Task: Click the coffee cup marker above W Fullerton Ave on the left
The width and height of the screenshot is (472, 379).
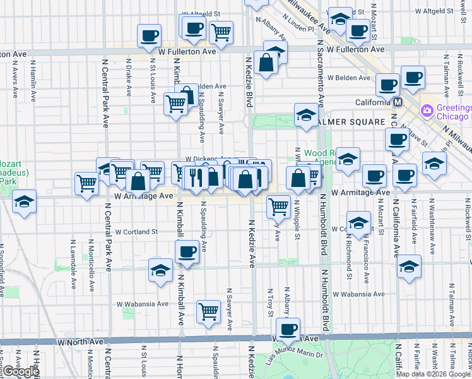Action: [149, 35]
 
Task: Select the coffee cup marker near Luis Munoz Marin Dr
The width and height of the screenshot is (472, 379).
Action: [288, 328]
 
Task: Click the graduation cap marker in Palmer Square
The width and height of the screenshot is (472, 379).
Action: [306, 115]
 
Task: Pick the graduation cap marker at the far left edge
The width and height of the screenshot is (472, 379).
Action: [24, 202]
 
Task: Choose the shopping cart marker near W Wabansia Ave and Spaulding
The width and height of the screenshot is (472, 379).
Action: [208, 311]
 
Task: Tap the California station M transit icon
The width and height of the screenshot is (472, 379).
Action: [398, 102]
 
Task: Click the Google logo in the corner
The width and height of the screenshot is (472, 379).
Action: [21, 371]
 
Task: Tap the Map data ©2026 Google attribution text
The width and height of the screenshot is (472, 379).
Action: [433, 374]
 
